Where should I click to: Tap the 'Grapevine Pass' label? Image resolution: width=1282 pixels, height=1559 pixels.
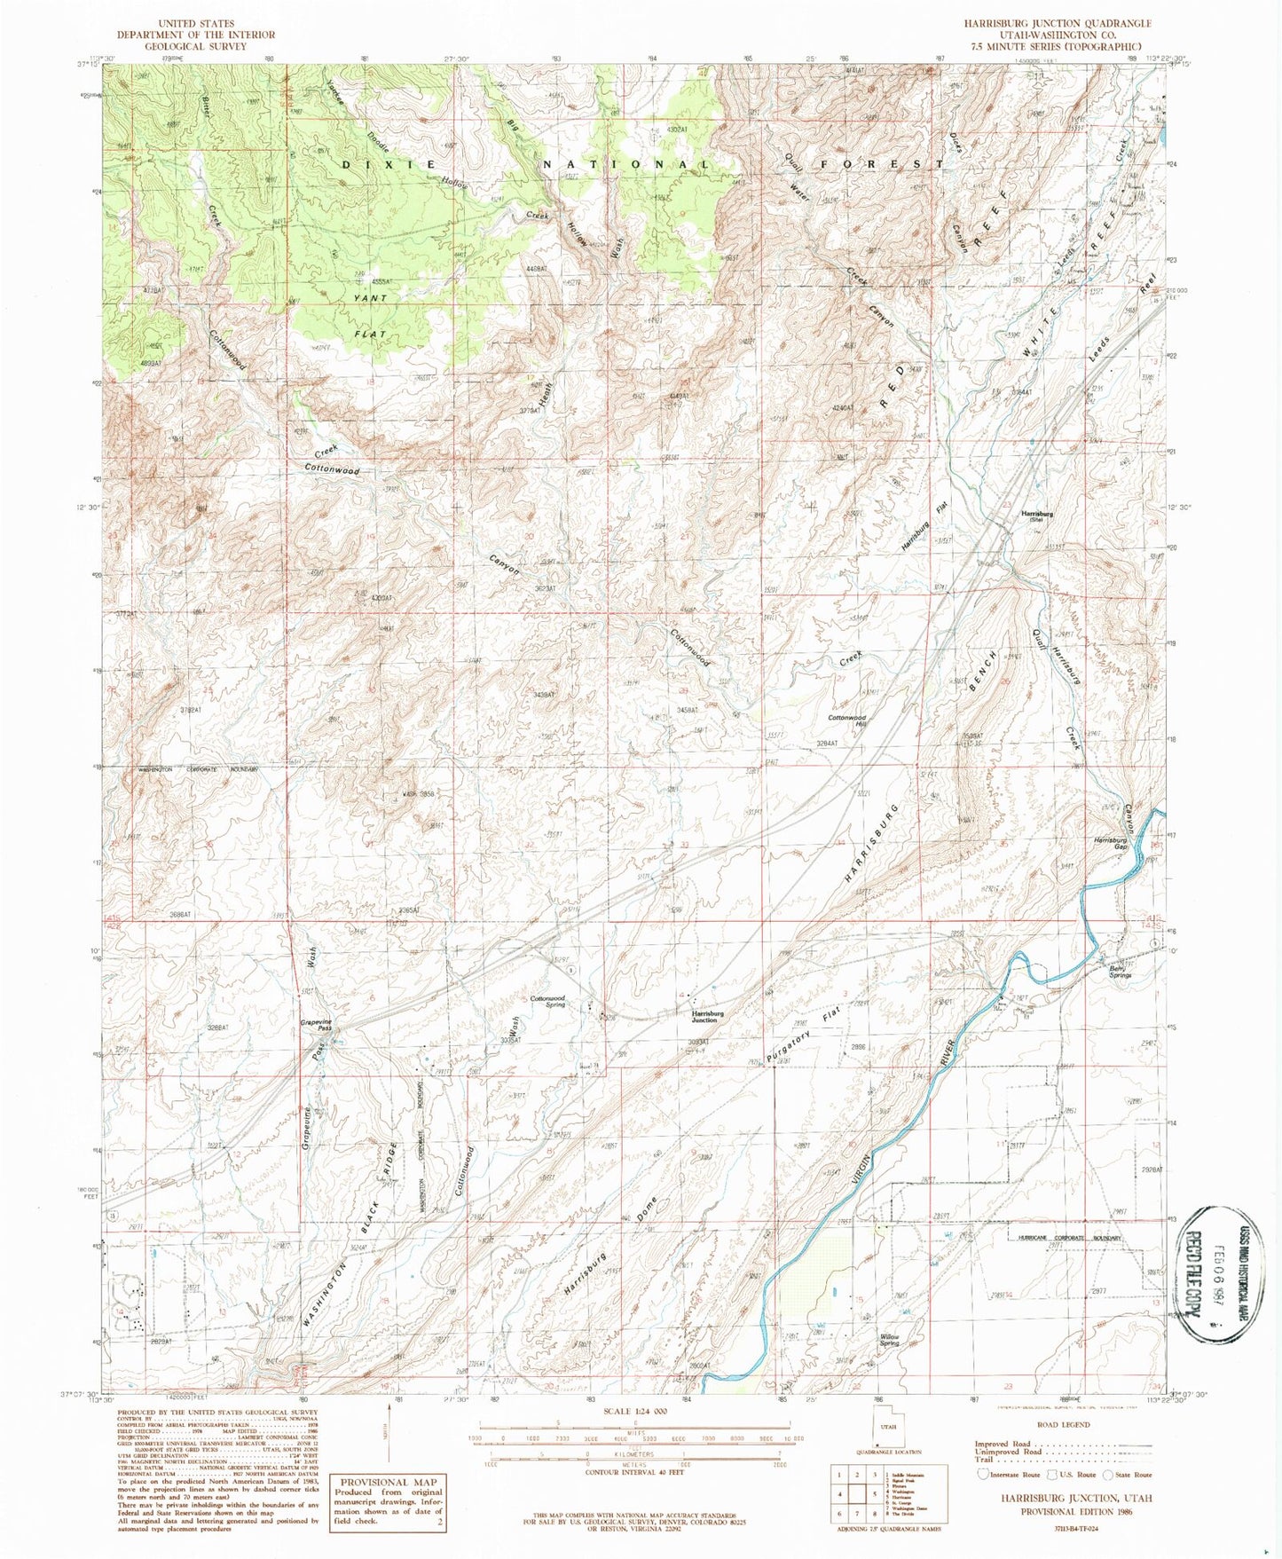[x=316, y=1025]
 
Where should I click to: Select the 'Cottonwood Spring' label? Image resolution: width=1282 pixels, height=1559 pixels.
[x=547, y=1002]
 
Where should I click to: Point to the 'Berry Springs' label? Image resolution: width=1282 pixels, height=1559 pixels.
[x=1120, y=972]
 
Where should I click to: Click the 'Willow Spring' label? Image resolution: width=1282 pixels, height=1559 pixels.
[x=888, y=1340]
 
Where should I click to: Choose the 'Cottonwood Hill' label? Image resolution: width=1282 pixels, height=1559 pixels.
[x=846, y=720]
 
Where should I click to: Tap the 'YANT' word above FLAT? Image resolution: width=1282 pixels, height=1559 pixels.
[x=370, y=298]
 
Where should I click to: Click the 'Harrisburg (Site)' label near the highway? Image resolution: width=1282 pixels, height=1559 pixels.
[x=1036, y=516]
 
